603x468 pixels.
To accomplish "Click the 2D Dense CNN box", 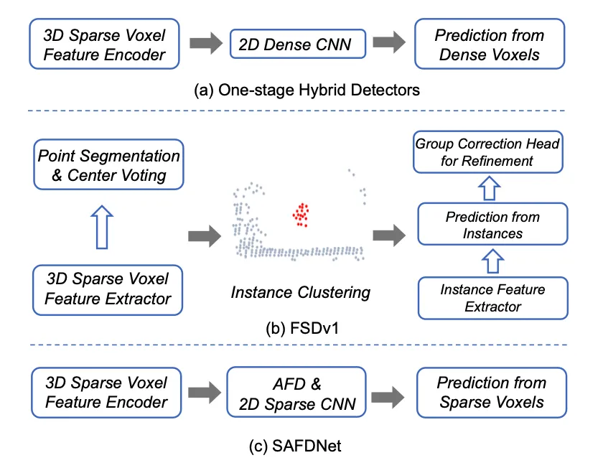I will click(x=294, y=45).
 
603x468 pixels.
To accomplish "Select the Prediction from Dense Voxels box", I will click(x=491, y=45).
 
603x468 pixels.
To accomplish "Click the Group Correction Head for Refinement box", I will click(x=487, y=152).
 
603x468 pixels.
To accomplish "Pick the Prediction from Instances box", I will click(x=492, y=225).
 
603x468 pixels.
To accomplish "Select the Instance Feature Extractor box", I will click(x=492, y=298).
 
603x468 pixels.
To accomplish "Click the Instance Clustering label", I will click(x=300, y=292).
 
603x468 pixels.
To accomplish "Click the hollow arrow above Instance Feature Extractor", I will click(x=492, y=261).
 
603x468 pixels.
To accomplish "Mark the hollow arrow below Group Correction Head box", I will click(x=492, y=188).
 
